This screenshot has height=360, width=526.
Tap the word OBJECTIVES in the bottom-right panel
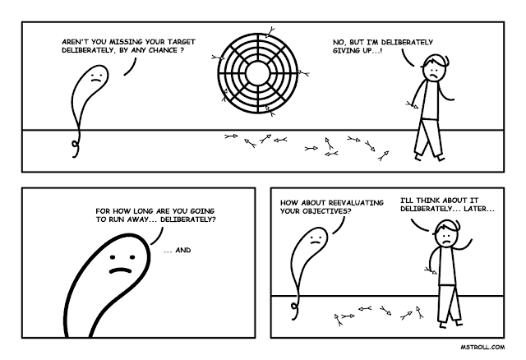(333, 210)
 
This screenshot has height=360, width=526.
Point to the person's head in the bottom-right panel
(445, 233)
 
